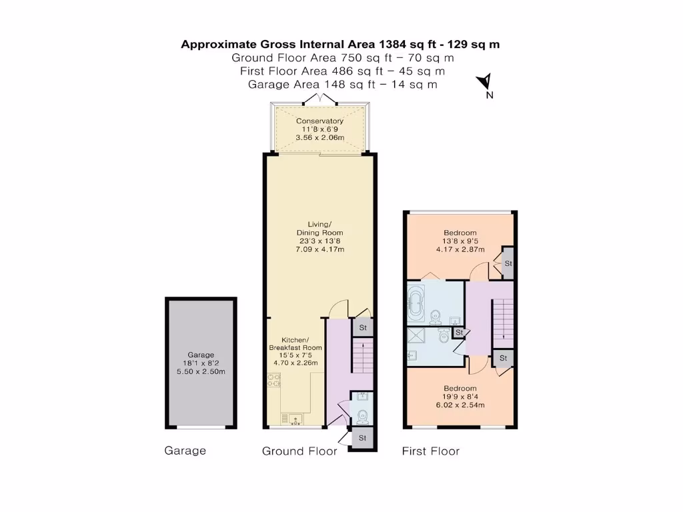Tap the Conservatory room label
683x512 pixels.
coord(319,121)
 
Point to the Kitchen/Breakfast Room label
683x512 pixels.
coord(295,347)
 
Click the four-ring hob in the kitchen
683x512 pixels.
coord(273,381)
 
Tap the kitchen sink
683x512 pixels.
coord(294,419)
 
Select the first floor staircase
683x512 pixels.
coord(503,319)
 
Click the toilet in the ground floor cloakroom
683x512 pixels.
coord(362,417)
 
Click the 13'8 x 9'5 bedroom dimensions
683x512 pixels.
coord(460,241)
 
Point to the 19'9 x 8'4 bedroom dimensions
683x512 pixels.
coord(460,397)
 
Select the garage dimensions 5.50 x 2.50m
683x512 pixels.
coord(201,371)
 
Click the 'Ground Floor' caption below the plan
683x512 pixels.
coord(299,451)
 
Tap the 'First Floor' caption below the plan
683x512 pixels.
coord(430,451)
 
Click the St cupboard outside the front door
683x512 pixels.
coord(362,438)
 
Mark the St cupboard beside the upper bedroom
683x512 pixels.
coord(508,263)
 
